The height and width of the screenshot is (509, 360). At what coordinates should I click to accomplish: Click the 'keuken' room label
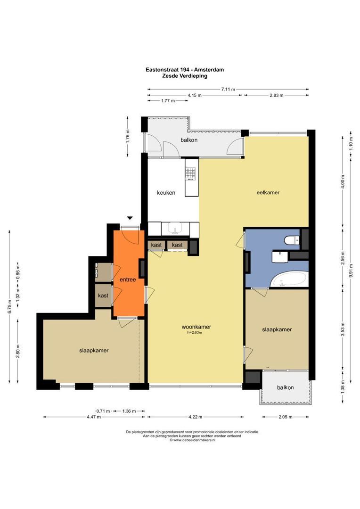point(166,192)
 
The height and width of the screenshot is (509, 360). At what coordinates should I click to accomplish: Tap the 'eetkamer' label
point(268,192)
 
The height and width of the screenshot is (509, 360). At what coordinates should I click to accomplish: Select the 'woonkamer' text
point(196,327)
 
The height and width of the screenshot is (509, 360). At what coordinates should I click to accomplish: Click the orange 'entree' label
point(128,279)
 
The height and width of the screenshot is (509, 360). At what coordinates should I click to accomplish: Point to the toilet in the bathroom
point(292,240)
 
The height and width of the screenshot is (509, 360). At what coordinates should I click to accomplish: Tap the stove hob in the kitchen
point(190,173)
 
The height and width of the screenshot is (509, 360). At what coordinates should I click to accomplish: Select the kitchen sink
point(175,229)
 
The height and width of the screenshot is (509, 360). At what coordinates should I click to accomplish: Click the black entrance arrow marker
point(130,218)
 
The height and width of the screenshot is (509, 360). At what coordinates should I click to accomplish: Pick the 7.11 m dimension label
point(228,89)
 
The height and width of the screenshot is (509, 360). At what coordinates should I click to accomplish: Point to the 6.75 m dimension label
point(10,306)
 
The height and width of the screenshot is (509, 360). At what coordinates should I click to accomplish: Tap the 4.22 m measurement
point(196,417)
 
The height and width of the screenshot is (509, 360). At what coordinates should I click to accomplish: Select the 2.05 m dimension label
point(286,417)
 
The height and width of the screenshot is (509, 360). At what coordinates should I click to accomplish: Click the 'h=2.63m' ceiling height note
point(195,332)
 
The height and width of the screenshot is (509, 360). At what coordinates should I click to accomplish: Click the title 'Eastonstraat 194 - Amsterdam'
point(185,69)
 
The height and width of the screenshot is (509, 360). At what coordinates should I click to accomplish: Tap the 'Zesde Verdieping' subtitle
point(185,76)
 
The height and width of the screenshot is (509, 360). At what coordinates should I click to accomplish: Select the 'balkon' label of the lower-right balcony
point(286,387)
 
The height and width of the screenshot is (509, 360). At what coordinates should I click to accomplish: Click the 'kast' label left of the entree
point(103,296)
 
